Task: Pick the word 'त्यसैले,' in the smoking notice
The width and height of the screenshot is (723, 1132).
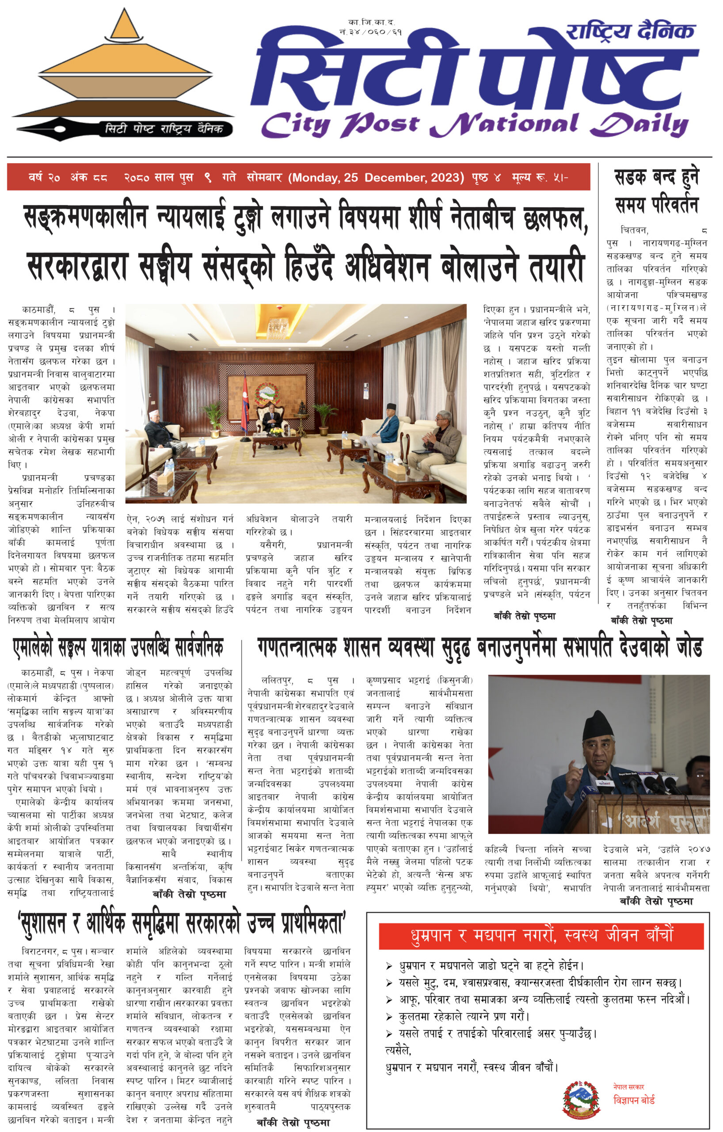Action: pyautogui.click(x=398, y=1050)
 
